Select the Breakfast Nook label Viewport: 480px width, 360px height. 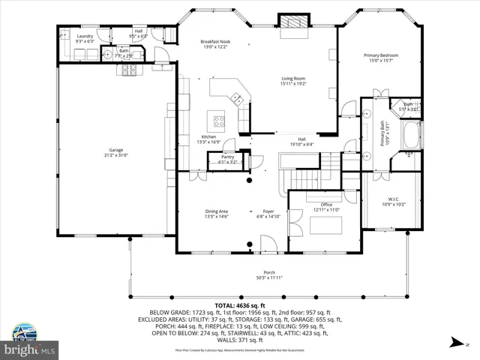214,44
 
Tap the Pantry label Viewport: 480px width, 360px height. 227,159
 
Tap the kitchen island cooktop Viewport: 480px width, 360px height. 220,120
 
